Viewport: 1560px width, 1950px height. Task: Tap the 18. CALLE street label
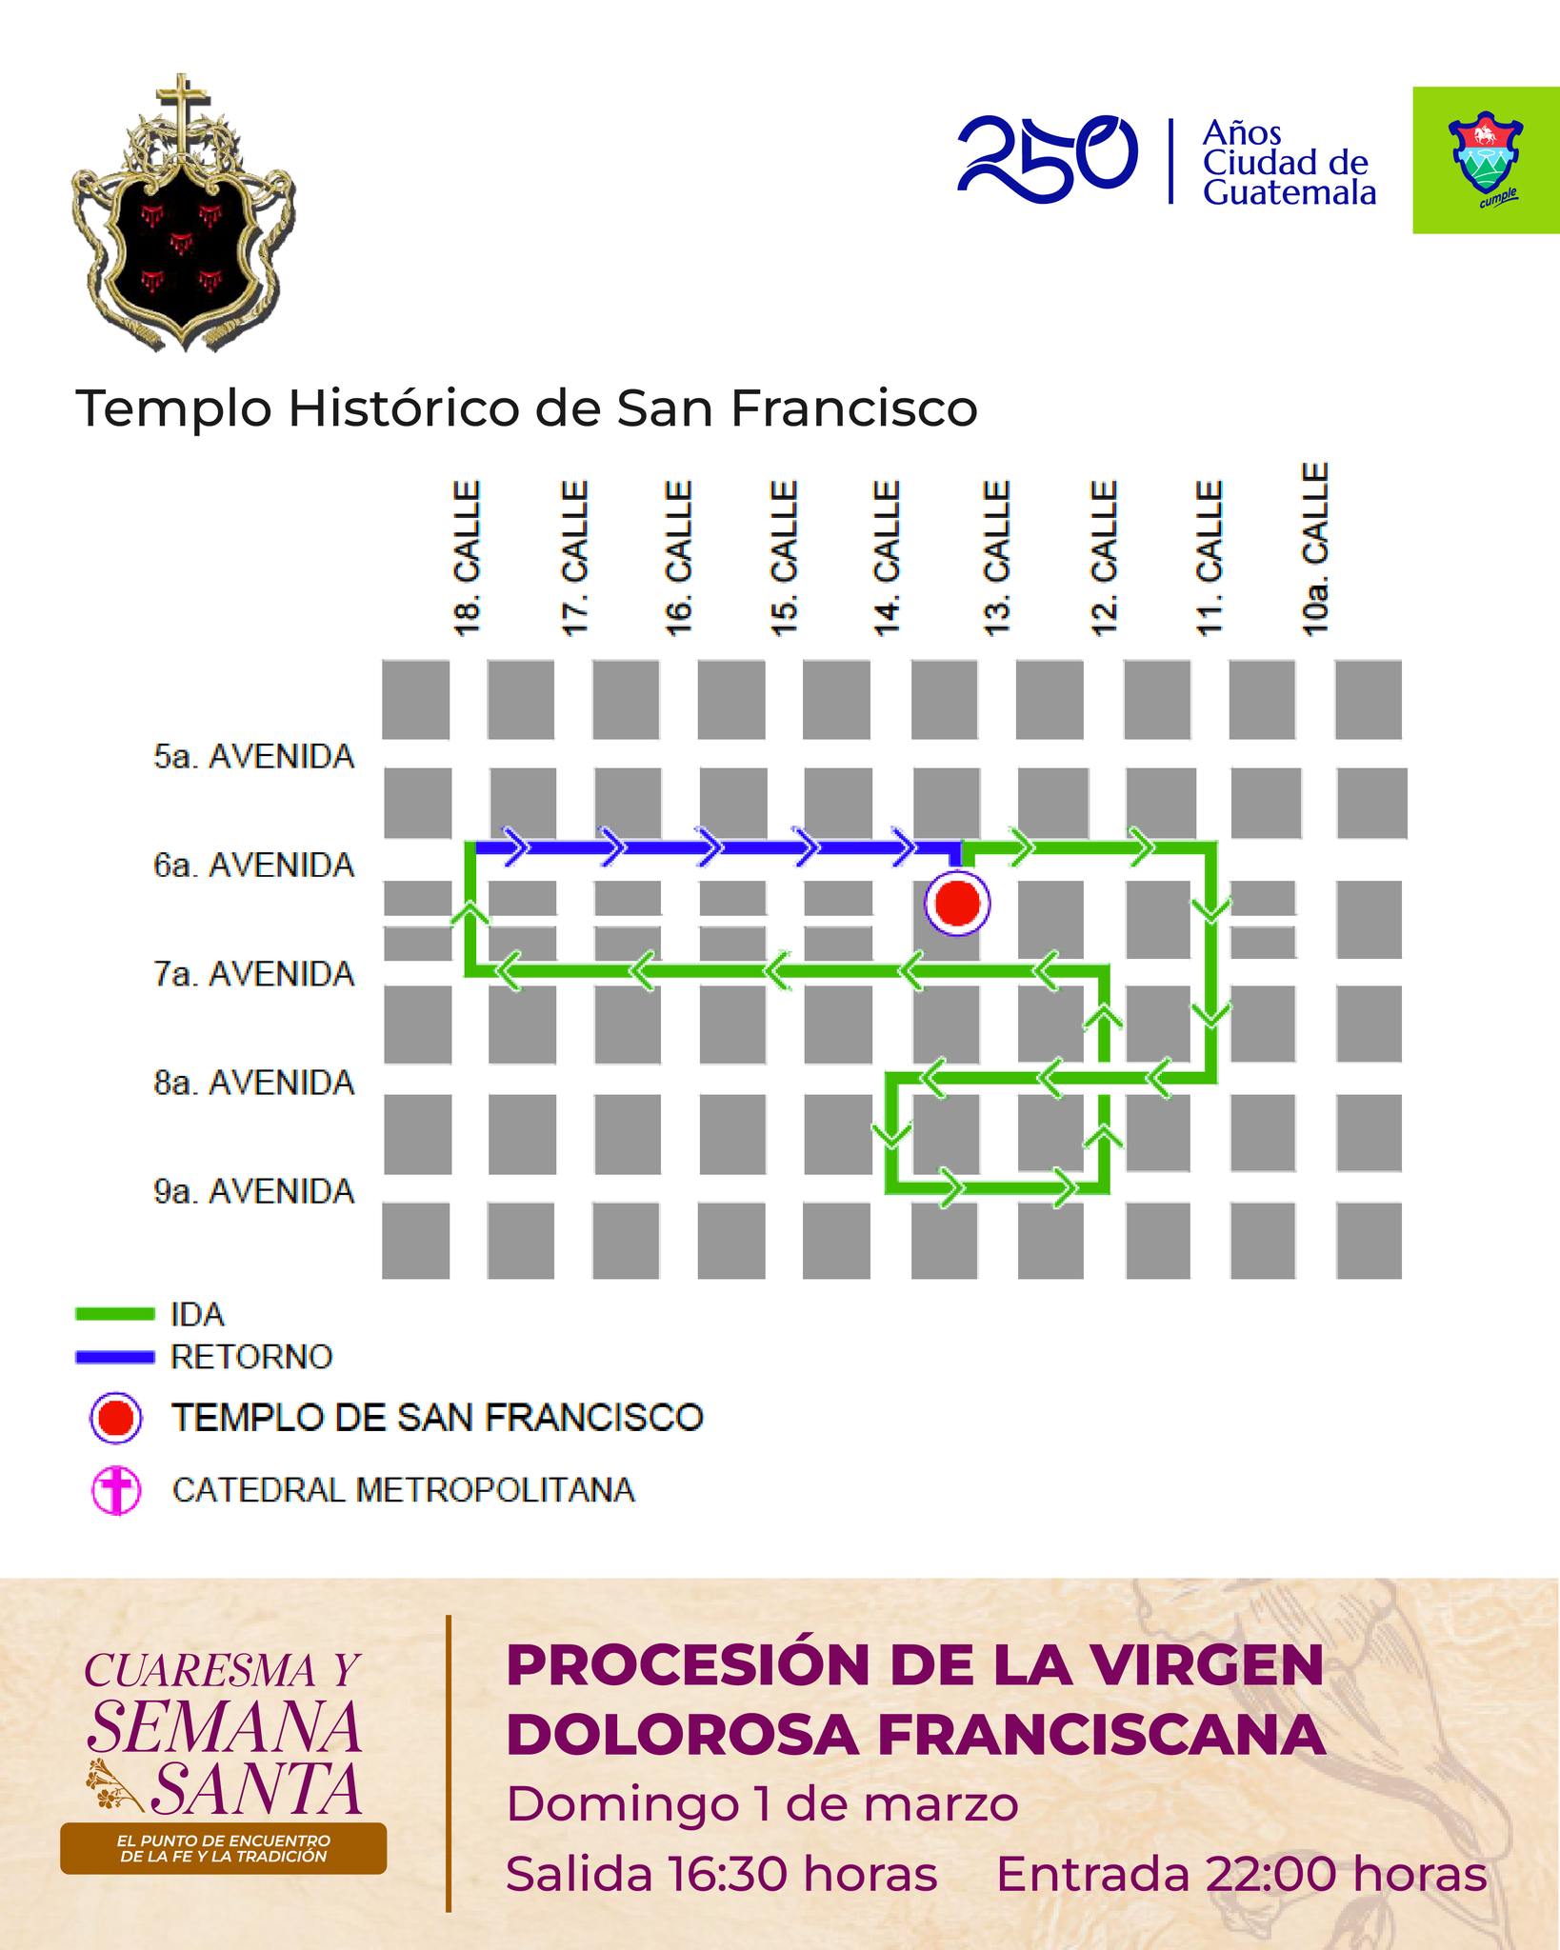pyautogui.click(x=467, y=557)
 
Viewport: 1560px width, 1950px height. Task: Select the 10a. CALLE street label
pyautogui.click(x=1314, y=549)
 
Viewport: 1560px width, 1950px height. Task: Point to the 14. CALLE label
pyautogui.click(x=887, y=557)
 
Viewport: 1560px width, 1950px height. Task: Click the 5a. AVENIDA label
pyautogui.click(x=254, y=757)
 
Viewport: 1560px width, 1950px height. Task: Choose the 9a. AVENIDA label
pyautogui.click(x=254, y=1191)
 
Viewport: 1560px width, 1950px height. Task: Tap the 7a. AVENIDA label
pyautogui.click(x=254, y=974)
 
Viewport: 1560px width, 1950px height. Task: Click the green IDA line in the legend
pyautogui.click(x=114, y=1314)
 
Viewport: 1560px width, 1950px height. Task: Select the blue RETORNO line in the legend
pyautogui.click(x=114, y=1356)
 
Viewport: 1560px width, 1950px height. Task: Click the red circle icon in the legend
pyautogui.click(x=116, y=1419)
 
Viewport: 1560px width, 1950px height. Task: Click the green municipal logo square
pyautogui.click(x=1485, y=160)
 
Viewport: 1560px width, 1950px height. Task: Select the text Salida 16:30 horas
pyautogui.click(x=722, y=1875)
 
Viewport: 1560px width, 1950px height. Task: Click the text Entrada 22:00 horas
pyautogui.click(x=1241, y=1875)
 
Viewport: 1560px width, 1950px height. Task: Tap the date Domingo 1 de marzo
pyautogui.click(x=762, y=1804)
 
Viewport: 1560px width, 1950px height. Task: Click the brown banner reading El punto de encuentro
pyautogui.click(x=223, y=1848)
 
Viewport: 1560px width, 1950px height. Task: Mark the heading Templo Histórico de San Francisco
pyautogui.click(x=527, y=409)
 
